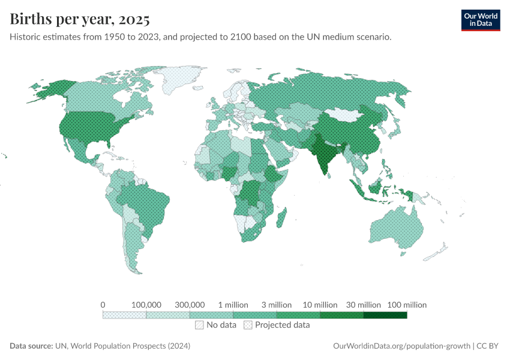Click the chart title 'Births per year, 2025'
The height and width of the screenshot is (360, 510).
(x=80, y=19)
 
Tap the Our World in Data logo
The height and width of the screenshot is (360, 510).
(x=480, y=20)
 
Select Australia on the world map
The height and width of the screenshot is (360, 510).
(x=396, y=231)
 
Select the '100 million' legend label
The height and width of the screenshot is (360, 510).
(x=407, y=305)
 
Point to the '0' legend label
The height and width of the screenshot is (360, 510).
(x=103, y=305)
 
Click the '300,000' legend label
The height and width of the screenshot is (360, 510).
(x=190, y=305)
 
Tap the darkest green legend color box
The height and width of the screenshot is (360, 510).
(x=385, y=315)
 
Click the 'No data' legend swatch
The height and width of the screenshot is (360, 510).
(x=199, y=325)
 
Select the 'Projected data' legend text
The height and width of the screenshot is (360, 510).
(x=282, y=325)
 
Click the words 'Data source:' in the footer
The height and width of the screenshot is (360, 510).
(x=31, y=346)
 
